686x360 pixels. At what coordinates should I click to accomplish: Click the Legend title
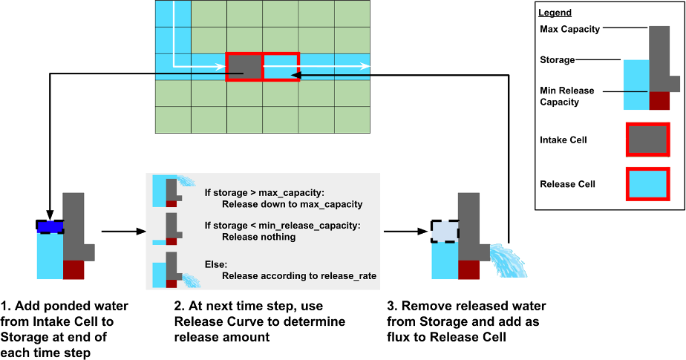point(555,13)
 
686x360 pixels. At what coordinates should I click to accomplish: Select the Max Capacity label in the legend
point(570,29)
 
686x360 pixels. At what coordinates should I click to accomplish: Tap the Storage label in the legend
point(558,59)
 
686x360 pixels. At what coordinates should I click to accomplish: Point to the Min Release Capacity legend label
point(567,96)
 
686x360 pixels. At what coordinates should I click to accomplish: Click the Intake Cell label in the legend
point(563,140)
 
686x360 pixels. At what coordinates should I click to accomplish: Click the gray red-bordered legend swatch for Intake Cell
point(648,140)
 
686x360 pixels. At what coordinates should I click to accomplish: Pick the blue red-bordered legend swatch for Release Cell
point(648,184)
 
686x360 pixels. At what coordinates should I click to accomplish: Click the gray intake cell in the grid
point(244,67)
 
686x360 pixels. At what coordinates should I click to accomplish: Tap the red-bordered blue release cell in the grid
point(281,67)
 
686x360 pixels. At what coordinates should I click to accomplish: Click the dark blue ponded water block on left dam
point(50,226)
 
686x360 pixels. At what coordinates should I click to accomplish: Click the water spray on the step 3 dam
point(508,260)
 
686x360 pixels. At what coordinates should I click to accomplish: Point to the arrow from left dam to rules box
point(122,232)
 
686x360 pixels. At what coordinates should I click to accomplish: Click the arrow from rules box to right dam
point(404,232)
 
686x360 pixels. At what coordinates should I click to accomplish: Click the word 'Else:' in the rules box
point(215,264)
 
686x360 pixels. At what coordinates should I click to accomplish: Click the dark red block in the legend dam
point(659,101)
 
